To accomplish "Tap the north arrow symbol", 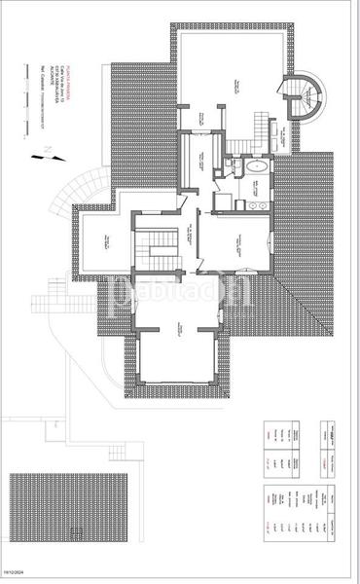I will tap(49, 153).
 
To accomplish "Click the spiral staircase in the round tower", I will tap(307, 96).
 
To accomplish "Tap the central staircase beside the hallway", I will tap(153, 246).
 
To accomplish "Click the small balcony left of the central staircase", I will tap(104, 243).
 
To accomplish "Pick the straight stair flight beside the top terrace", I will tap(260, 126).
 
